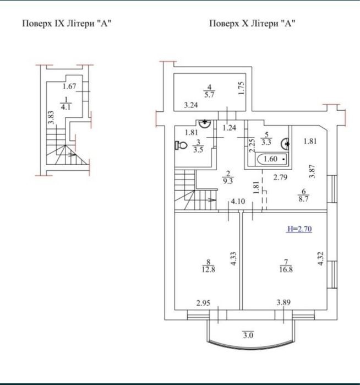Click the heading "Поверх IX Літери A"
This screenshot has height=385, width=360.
coord(67,24)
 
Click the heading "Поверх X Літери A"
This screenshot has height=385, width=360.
coord(252,24)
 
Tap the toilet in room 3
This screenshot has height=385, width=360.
coord(181,145)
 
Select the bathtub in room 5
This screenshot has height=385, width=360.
coord(272,159)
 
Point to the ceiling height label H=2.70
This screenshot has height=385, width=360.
coord(299,229)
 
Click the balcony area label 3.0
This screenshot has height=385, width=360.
coord(248,335)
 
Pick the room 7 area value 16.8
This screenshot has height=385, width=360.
coord(286,269)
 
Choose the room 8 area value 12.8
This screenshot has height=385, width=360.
coord(209,269)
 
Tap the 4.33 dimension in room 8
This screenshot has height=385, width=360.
coord(233,258)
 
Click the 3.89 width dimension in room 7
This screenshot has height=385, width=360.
coord(283,302)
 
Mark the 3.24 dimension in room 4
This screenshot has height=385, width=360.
coord(191,105)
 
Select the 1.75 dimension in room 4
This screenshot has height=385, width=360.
coord(242,88)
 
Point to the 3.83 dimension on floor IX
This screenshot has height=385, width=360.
coord(51,118)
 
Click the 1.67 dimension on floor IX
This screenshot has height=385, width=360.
coord(69,86)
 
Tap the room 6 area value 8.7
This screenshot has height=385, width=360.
coord(303,199)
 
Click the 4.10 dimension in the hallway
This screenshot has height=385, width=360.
coord(238,202)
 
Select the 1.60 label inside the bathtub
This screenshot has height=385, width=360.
coord(270,159)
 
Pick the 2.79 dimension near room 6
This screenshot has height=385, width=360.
coord(280,177)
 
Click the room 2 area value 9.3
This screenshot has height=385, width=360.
coord(228,181)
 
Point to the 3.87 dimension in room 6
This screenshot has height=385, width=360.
coord(312,171)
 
